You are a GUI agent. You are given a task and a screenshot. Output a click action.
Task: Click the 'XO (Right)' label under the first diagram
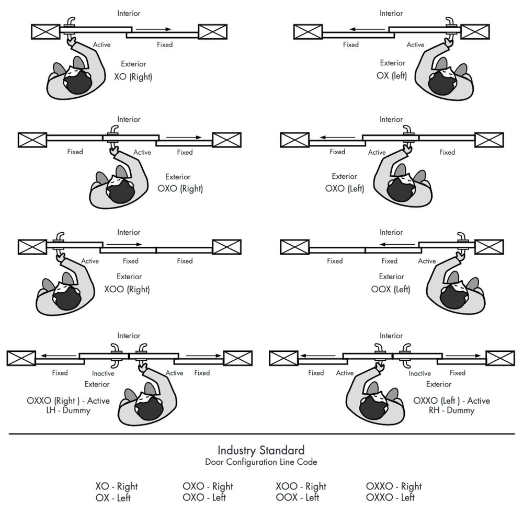[133, 76]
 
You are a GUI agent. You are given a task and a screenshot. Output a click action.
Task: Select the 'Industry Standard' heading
[261, 450]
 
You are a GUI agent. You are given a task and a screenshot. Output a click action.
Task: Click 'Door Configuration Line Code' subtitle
[261, 462]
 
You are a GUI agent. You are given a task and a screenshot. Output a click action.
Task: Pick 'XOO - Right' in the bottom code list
[301, 486]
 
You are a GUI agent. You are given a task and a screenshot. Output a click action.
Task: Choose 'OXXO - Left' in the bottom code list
[392, 497]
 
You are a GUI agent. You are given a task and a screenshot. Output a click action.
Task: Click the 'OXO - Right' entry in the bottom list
[208, 486]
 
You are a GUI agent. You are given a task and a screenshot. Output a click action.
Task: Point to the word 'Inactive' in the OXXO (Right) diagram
[103, 373]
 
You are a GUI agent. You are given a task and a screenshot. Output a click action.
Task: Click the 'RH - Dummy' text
[451, 410]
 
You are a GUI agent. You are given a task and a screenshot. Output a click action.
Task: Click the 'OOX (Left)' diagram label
[392, 289]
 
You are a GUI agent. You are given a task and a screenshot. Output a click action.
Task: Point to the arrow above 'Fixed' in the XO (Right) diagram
[155, 30]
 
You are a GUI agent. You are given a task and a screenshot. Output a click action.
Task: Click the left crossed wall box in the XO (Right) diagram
[46, 31]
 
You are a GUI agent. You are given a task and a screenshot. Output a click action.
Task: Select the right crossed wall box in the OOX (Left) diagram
[489, 246]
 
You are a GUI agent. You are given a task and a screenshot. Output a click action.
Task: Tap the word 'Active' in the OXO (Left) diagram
[377, 152]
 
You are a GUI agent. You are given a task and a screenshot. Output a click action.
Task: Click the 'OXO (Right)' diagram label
[180, 189]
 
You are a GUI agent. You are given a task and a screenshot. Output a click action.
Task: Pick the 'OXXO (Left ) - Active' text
[451, 401]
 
